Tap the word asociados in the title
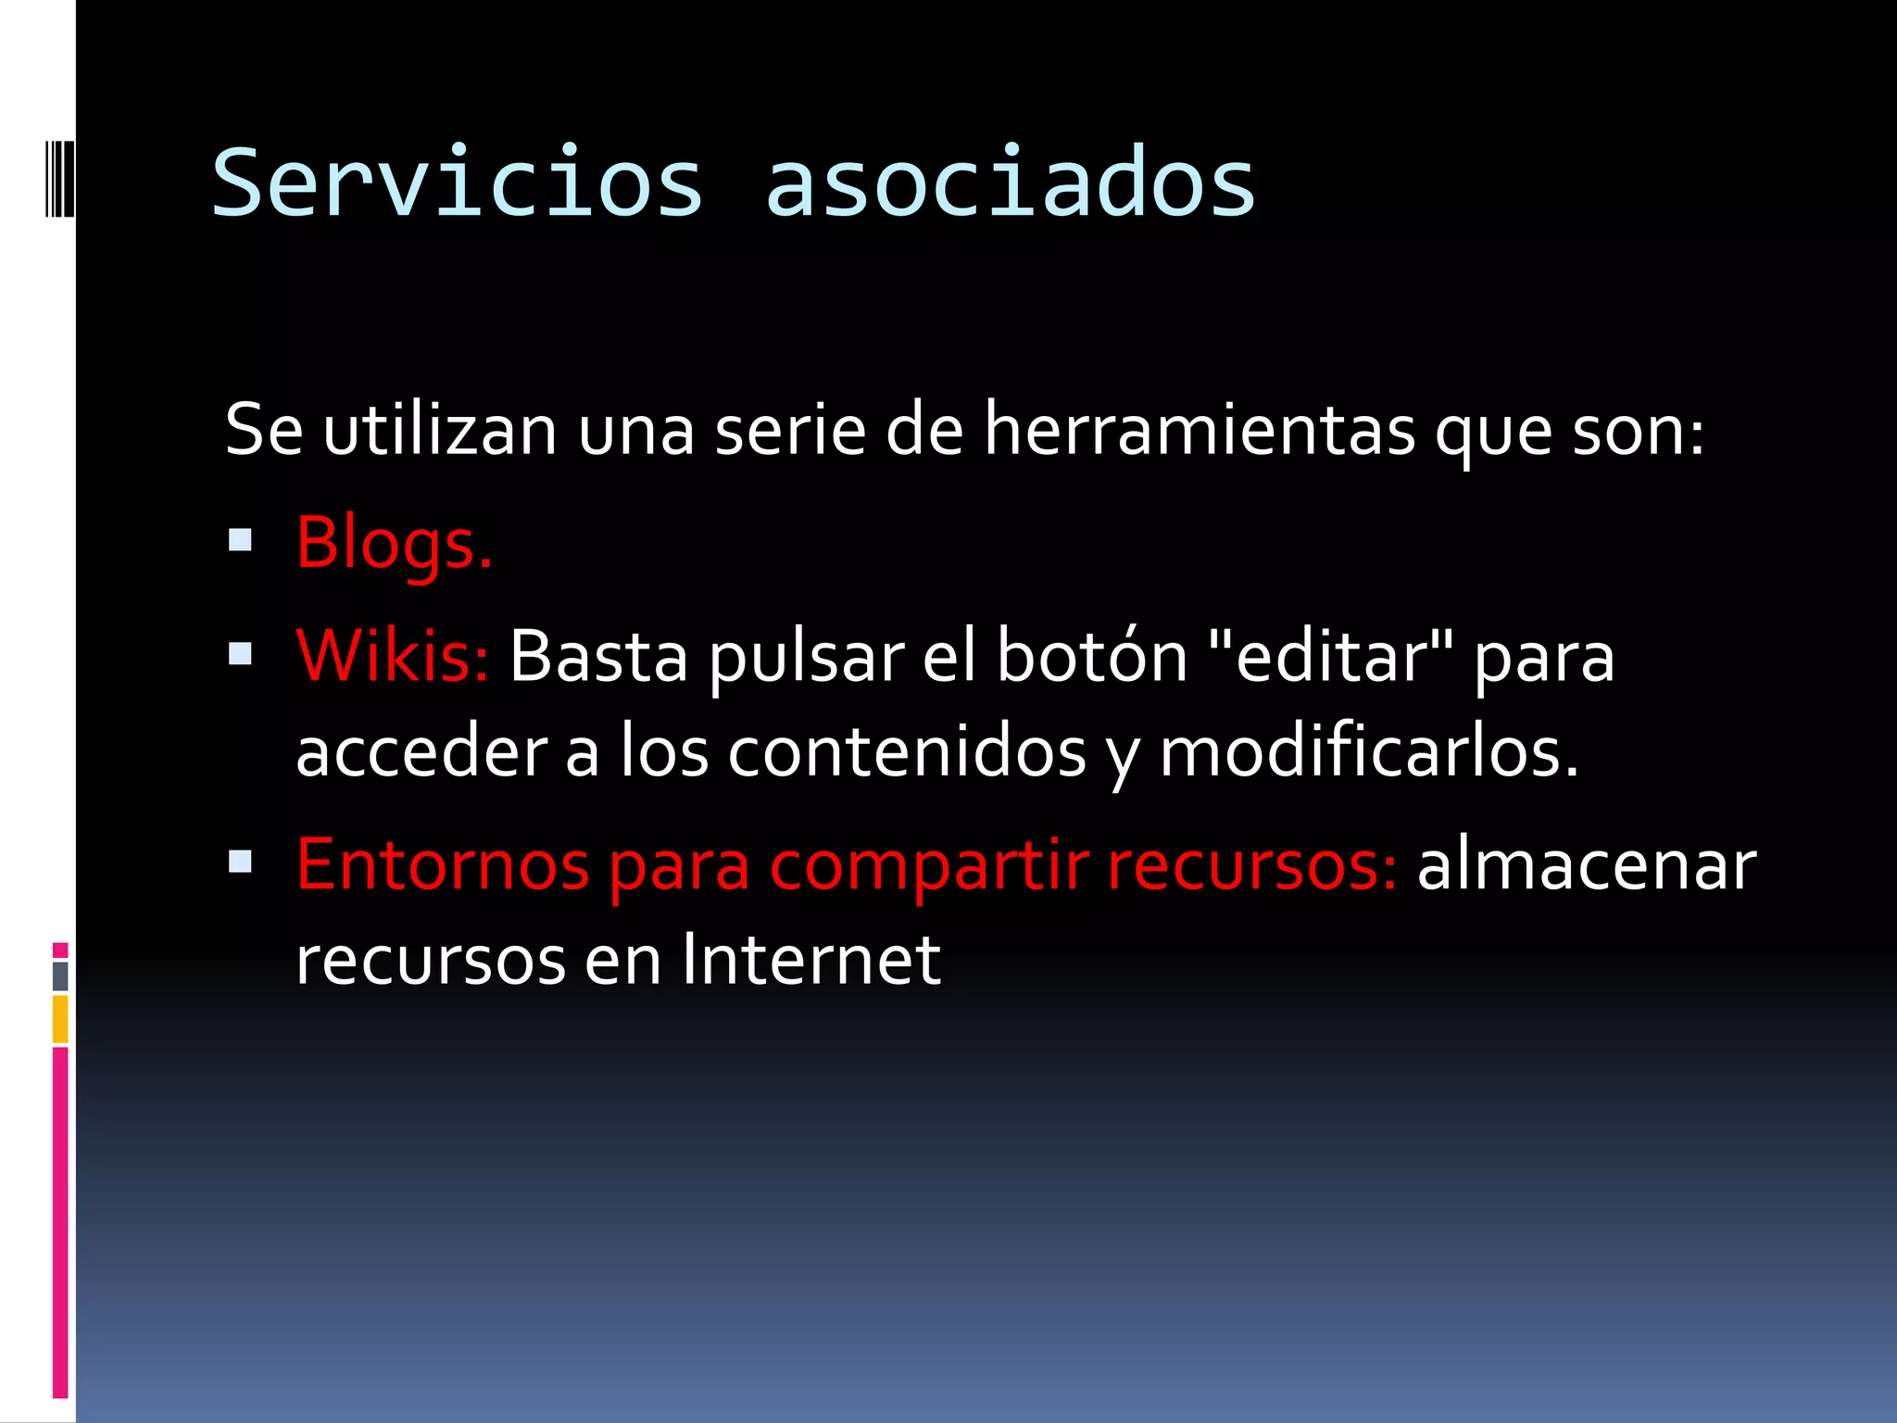[1010, 183]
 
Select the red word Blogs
[393, 543]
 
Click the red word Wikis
[391, 656]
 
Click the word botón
[1091, 656]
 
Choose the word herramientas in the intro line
[1200, 430]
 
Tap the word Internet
[811, 960]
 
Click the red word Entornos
[442, 864]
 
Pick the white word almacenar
[1586, 864]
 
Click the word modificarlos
[1368, 752]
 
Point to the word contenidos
[906, 752]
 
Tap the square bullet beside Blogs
[240, 540]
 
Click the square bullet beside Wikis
[240, 654]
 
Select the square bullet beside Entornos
[240, 863]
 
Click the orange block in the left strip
[60, 1019]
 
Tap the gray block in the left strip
[60, 976]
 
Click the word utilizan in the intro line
[440, 430]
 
